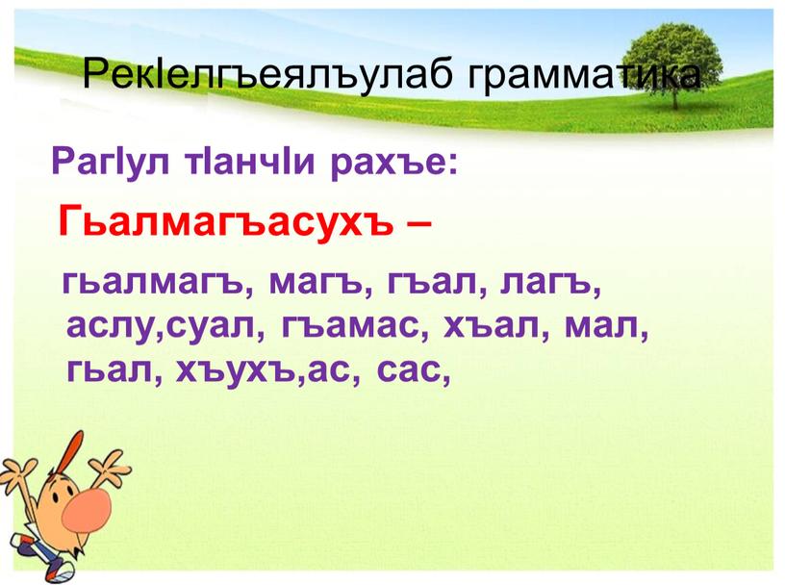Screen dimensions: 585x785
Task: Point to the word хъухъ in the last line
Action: click(234, 369)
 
